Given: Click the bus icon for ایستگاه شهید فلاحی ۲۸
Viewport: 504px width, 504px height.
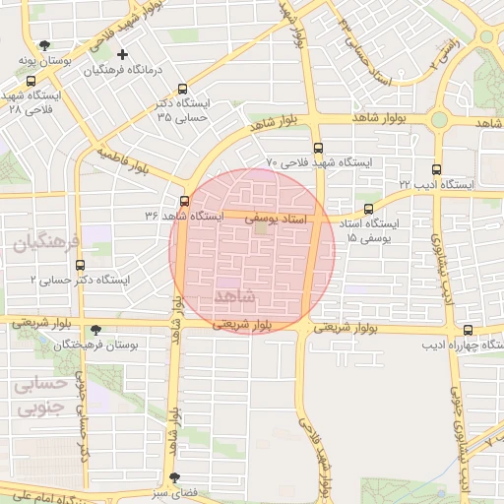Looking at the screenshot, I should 31,82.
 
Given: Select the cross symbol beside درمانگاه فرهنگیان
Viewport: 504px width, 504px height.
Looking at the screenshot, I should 122,54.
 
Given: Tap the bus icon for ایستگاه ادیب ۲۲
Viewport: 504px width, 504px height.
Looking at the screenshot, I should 438,169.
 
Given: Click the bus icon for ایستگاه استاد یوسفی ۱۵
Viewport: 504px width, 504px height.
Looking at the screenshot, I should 368,209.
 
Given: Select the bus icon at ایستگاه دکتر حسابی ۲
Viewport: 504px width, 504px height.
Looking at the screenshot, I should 81,265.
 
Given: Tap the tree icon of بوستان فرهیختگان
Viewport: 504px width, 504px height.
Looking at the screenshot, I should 95,331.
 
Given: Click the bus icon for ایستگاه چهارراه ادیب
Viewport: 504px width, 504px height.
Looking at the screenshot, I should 467,331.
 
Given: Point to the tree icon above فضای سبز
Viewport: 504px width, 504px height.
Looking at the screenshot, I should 175,476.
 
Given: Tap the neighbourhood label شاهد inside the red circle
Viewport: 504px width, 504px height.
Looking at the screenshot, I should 233,296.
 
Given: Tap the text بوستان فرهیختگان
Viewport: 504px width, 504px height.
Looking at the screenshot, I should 94,346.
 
